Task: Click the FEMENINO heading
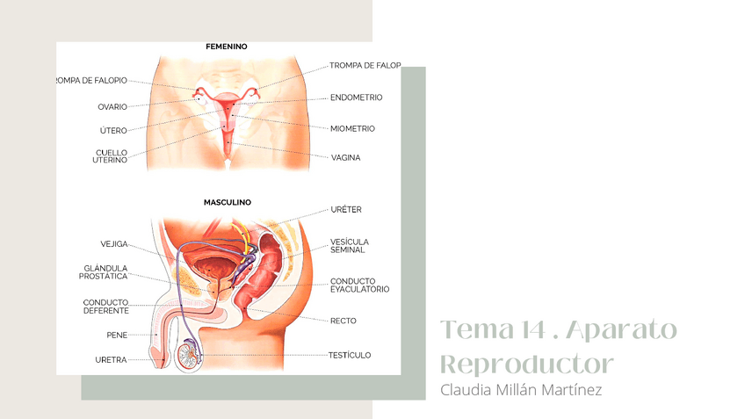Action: click(226, 46)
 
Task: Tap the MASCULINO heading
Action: click(228, 202)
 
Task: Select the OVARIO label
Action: click(112, 107)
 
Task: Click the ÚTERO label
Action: click(113, 131)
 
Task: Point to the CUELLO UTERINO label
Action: click(111, 156)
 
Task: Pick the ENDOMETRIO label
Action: click(357, 98)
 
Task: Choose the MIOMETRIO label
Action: click(352, 128)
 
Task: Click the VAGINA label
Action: click(345, 158)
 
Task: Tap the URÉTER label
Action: click(346, 210)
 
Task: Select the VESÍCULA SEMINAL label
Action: click(349, 245)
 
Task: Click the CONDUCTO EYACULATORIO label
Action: click(359, 285)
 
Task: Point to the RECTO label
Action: click(343, 321)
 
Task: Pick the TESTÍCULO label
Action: click(350, 355)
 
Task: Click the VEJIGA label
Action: click(114, 244)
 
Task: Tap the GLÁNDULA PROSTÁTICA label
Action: click(105, 272)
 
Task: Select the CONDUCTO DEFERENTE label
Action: click(106, 307)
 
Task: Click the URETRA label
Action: click(111, 360)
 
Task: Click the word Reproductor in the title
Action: click(525, 365)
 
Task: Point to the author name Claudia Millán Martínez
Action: click(521, 389)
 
